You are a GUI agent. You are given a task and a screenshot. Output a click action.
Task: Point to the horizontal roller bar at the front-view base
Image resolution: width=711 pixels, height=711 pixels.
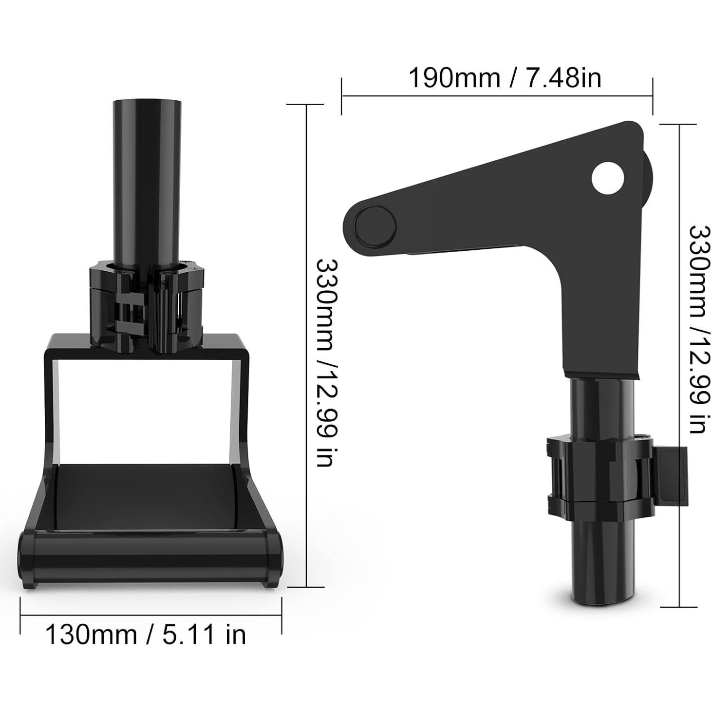click(150, 549)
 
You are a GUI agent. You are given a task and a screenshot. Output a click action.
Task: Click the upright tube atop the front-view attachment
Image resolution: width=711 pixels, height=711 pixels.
click(147, 181)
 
